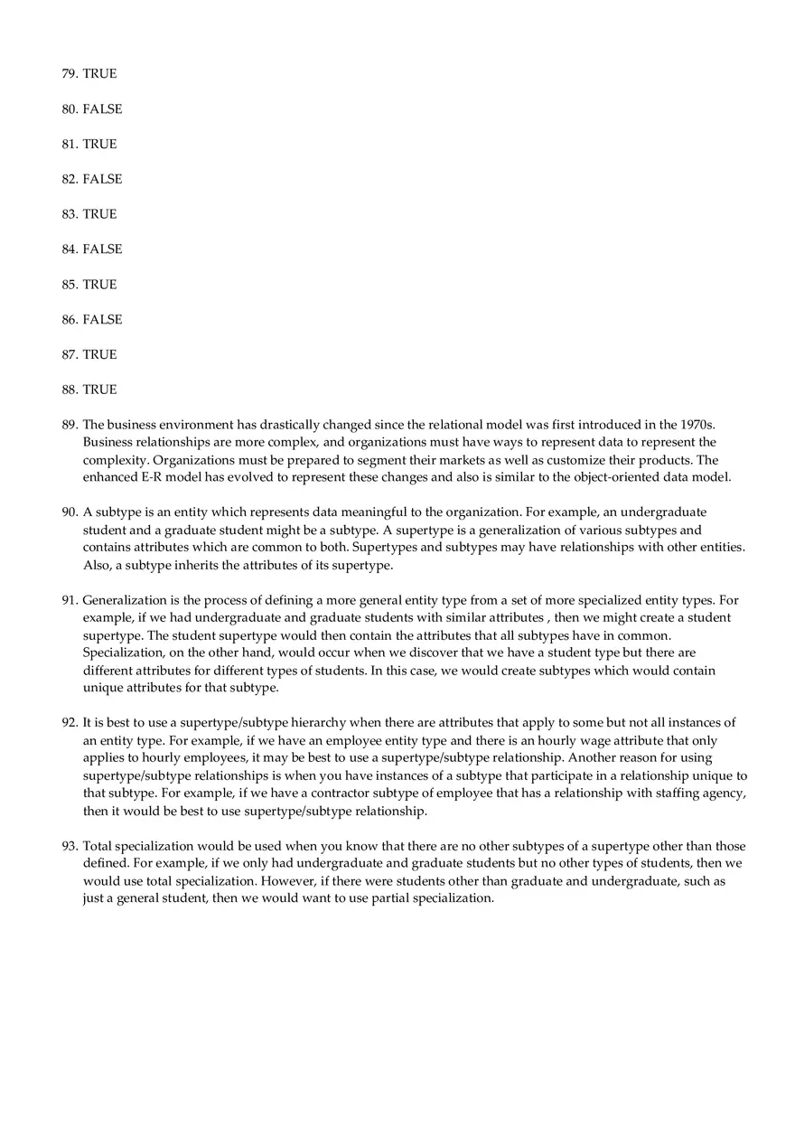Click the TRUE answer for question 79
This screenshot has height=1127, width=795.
pos(99,74)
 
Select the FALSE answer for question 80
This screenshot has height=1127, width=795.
pos(102,109)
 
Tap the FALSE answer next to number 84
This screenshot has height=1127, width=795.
pos(102,249)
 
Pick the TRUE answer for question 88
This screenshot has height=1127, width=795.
pos(99,390)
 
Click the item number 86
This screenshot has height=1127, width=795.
pos(70,320)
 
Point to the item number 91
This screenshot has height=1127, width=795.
pos(70,600)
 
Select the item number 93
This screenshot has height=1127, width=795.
pos(70,846)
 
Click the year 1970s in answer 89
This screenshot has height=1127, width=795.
pos(697,425)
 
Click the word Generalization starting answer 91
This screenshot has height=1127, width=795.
pos(125,600)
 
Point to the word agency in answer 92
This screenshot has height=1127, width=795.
pos(725,794)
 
